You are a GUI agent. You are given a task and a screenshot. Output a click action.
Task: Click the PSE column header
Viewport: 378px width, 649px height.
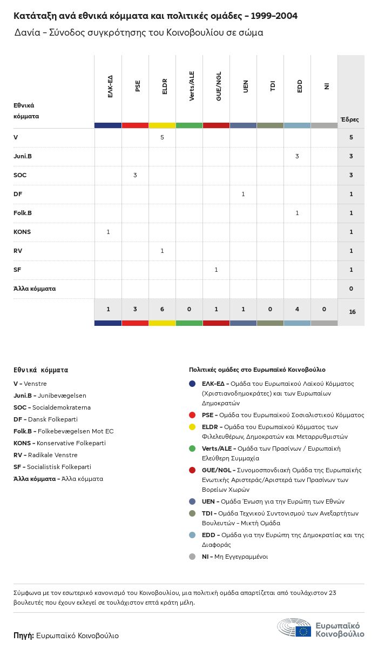pos(138,86)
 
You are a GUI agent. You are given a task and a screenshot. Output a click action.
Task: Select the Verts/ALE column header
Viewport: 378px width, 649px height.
pos(192,86)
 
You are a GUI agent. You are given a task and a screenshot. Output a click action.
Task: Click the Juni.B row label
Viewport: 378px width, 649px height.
pos(23,156)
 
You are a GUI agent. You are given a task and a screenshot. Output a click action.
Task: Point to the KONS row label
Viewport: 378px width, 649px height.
pos(22,232)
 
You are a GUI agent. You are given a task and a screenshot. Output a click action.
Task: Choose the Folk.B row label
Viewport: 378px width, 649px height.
pos(23,213)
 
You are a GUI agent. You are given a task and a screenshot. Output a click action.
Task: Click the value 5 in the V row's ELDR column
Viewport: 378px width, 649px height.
pos(162,137)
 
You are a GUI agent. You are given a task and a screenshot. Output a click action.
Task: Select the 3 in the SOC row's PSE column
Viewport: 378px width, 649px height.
pos(135,175)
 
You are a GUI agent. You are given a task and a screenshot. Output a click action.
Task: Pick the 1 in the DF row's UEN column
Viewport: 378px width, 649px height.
pos(243,194)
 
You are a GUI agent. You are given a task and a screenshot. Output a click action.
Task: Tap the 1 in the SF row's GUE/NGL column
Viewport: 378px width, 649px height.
pos(216,270)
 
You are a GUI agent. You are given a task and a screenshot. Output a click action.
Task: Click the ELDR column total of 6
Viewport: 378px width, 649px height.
pos(162,309)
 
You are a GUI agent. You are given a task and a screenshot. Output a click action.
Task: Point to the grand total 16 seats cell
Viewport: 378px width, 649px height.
pos(352,312)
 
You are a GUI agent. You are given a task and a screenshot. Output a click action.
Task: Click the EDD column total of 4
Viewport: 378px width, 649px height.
pos(297,309)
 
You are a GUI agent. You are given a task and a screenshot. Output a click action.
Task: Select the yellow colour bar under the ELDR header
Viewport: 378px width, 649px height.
pos(162,125)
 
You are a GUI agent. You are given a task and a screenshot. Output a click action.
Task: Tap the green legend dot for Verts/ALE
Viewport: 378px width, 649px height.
pos(192,449)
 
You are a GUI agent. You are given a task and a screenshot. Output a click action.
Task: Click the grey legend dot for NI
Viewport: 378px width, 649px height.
pos(192,557)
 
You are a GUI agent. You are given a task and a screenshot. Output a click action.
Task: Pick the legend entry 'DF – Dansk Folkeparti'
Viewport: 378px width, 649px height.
pos(45,419)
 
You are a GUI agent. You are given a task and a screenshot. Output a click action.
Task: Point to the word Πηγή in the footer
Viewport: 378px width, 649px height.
pos(23,635)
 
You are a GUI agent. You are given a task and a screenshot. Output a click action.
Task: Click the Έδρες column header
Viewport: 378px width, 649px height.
pos(349,119)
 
